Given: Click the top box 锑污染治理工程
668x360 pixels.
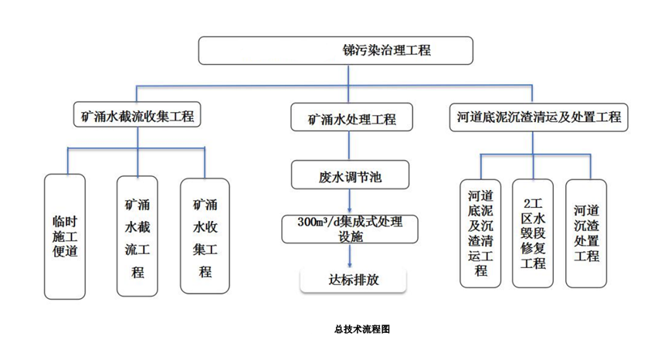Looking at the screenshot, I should pyautogui.click(x=334, y=51).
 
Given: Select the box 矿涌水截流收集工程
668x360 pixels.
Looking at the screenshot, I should pyautogui.click(x=137, y=117).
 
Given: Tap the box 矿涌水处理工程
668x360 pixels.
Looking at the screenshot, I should pyautogui.click(x=351, y=118).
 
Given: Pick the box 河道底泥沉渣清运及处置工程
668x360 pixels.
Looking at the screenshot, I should pyautogui.click(x=538, y=117).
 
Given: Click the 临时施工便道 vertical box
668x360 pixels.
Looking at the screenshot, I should pyautogui.click(x=65, y=236).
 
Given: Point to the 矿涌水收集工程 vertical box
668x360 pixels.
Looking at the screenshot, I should pyautogui.click(x=205, y=236).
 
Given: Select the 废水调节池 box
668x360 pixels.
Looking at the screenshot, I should pyautogui.click(x=350, y=175).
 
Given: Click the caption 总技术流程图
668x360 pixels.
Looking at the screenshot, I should pyautogui.click(x=362, y=329).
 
